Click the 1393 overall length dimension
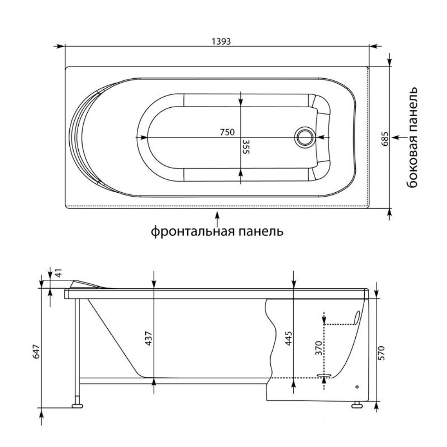coord(221,42)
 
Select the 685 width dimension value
coord(385,139)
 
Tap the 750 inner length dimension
coord(227,132)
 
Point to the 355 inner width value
coord(246,147)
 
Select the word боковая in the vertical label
coord(412,161)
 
